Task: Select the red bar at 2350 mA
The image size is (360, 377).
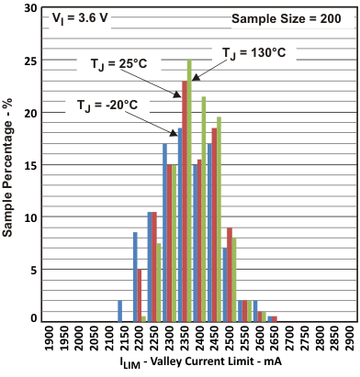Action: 185,201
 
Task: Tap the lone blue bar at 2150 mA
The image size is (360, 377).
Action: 119,311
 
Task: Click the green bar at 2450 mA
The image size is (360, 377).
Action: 219,219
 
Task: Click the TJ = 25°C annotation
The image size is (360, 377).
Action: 120,63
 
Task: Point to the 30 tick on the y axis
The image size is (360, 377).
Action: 32,8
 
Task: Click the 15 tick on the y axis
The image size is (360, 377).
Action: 32,165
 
